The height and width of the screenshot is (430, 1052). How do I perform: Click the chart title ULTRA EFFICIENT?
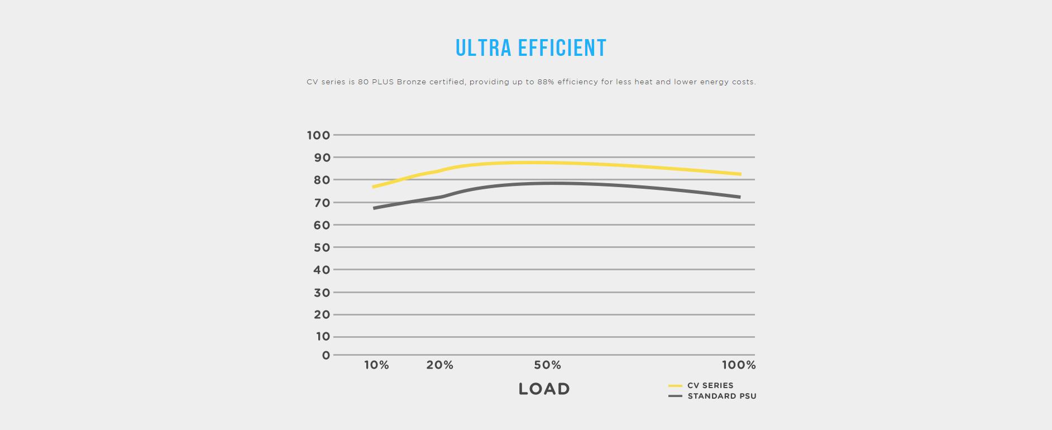pos(530,48)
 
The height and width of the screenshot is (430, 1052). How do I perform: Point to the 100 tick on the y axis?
pos(318,135)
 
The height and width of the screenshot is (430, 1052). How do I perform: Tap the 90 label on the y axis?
pos(322,157)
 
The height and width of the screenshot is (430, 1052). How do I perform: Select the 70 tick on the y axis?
pos(322,203)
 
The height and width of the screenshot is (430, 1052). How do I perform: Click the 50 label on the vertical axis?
pos(322,247)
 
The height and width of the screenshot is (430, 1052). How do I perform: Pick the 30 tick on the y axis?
pos(322,293)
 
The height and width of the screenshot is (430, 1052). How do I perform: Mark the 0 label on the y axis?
pos(326,356)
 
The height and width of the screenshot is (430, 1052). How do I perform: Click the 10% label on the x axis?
pos(376,365)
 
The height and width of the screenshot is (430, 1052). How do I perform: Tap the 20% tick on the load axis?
pos(440,365)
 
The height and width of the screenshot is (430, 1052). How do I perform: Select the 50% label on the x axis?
pos(547,365)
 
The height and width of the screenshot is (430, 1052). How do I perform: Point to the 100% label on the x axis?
pos(739,365)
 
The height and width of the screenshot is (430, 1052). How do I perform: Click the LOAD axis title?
pos(544,389)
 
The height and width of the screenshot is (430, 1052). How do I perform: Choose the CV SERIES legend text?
pos(710,385)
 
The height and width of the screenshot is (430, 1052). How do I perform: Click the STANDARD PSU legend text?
pos(722,396)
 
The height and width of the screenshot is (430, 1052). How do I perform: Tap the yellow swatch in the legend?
pos(675,386)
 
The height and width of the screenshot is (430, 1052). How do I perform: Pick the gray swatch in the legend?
pos(675,396)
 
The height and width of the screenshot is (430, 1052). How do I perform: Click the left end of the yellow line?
pos(374,187)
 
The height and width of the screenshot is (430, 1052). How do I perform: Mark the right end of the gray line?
pos(739,197)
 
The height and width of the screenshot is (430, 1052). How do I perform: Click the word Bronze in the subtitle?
pos(412,82)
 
